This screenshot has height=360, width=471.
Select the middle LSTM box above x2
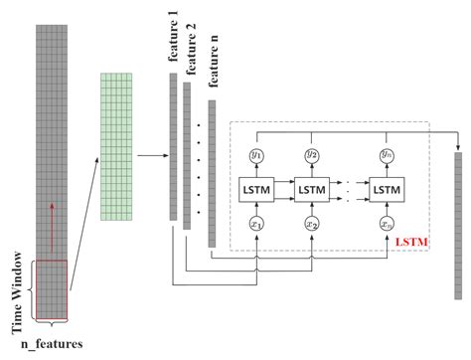click(x=311, y=188)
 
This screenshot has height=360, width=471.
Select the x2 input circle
click(x=311, y=225)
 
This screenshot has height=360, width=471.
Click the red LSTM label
click(x=409, y=242)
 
